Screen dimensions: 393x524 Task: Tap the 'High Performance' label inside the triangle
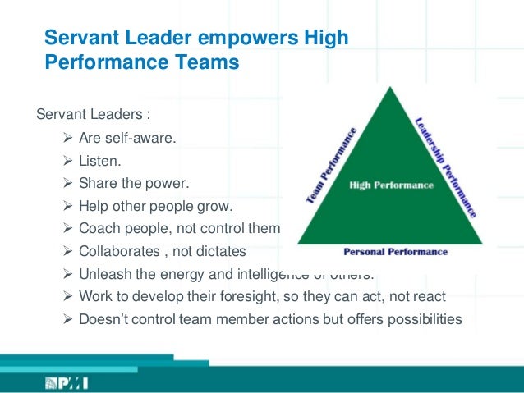click(391, 185)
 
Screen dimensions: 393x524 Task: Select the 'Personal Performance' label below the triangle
click(395, 251)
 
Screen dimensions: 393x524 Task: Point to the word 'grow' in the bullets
click(215, 205)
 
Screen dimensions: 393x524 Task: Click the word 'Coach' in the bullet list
click(99, 228)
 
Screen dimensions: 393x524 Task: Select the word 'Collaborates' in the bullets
click(117, 250)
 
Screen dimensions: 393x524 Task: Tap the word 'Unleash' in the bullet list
click(103, 273)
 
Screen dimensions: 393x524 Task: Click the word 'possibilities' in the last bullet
click(421, 318)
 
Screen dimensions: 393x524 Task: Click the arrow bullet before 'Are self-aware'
click(67, 137)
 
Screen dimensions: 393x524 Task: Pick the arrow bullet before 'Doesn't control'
click(67, 318)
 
